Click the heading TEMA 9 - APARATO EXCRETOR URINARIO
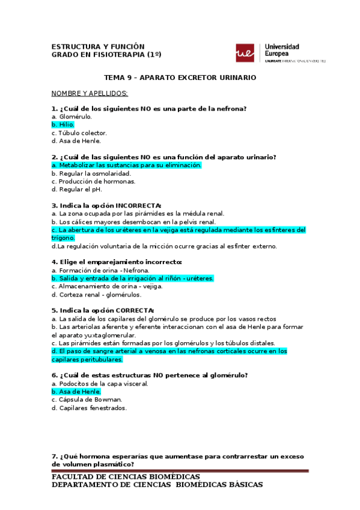click(180, 78)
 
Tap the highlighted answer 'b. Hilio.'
click(63, 124)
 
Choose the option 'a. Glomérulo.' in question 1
click(72, 116)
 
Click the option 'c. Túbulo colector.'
click(79, 133)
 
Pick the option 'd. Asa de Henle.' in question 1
click(76, 141)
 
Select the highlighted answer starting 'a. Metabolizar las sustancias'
click(127, 165)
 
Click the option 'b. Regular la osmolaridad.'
click(91, 173)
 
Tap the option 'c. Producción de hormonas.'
click(93, 181)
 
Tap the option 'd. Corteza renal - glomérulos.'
click(97, 295)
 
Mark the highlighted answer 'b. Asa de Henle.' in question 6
click(76, 392)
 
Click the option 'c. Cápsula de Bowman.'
click(87, 399)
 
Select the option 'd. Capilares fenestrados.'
click(89, 408)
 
